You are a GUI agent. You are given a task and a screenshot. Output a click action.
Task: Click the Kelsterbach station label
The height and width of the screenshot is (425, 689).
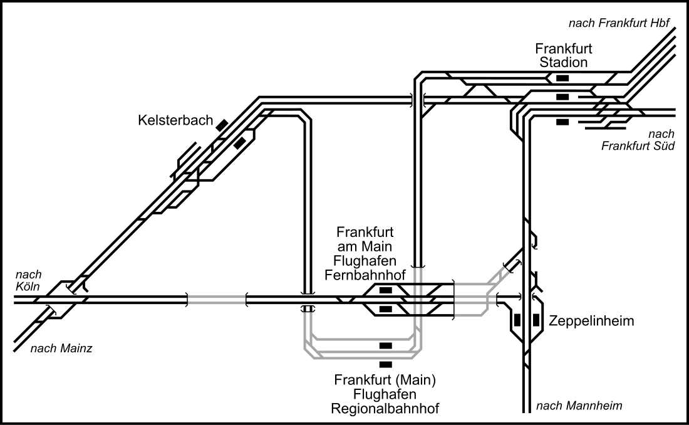175,121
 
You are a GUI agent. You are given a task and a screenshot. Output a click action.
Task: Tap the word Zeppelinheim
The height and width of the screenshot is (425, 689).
591,321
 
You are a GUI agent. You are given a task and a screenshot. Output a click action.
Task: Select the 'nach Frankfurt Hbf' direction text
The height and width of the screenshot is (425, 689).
619,24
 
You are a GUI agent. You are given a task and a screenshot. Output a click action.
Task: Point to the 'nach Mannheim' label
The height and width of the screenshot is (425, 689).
579,406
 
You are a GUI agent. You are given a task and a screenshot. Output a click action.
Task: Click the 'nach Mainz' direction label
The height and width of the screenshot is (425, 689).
61,349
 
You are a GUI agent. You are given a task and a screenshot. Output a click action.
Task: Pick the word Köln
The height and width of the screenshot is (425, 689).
28,286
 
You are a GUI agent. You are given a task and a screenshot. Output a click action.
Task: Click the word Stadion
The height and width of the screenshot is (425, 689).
564,62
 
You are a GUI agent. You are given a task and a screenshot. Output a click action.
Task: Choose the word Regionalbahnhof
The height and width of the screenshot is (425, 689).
385,408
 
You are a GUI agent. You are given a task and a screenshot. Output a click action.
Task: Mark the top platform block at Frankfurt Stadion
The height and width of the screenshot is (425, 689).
562,78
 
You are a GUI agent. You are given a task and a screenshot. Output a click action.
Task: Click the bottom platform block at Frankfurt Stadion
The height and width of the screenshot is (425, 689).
562,122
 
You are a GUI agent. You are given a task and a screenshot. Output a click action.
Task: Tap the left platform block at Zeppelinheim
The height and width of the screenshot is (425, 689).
517,319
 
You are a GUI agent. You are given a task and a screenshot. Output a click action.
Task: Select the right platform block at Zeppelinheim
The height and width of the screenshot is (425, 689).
536,319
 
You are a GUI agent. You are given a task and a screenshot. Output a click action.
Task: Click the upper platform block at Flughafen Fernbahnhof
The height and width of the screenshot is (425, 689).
386,290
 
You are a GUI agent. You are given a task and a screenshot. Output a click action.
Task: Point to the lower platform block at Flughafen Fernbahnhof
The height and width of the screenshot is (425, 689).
386,308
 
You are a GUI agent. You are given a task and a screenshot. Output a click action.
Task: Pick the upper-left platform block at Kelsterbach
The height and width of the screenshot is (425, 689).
221,125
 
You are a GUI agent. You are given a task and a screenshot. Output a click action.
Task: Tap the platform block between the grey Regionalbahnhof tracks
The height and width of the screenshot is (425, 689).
386,345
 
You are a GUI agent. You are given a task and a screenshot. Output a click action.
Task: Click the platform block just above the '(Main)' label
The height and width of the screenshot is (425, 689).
386,364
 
